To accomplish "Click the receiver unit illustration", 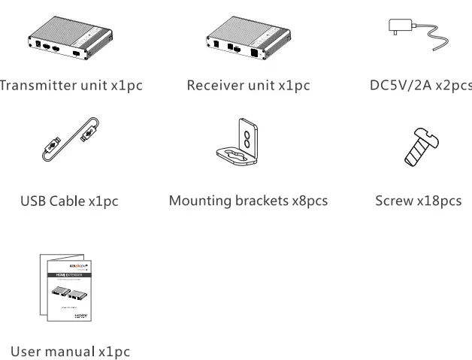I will pos(247,41).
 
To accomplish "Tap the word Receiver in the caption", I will pos(213,85).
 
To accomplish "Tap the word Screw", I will pos(394,201).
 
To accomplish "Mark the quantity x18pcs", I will pos(440,201).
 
